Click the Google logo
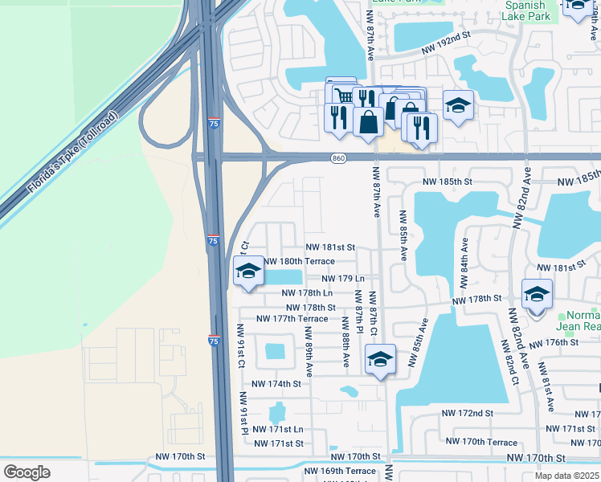pos(27,472)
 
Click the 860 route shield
pos(338,160)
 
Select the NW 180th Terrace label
pos(299,262)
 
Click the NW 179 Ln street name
pos(343,279)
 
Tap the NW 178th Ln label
pos(307,293)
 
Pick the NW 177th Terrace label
pos(292,319)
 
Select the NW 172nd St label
pos(467,413)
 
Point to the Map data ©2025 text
pos(566,476)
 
